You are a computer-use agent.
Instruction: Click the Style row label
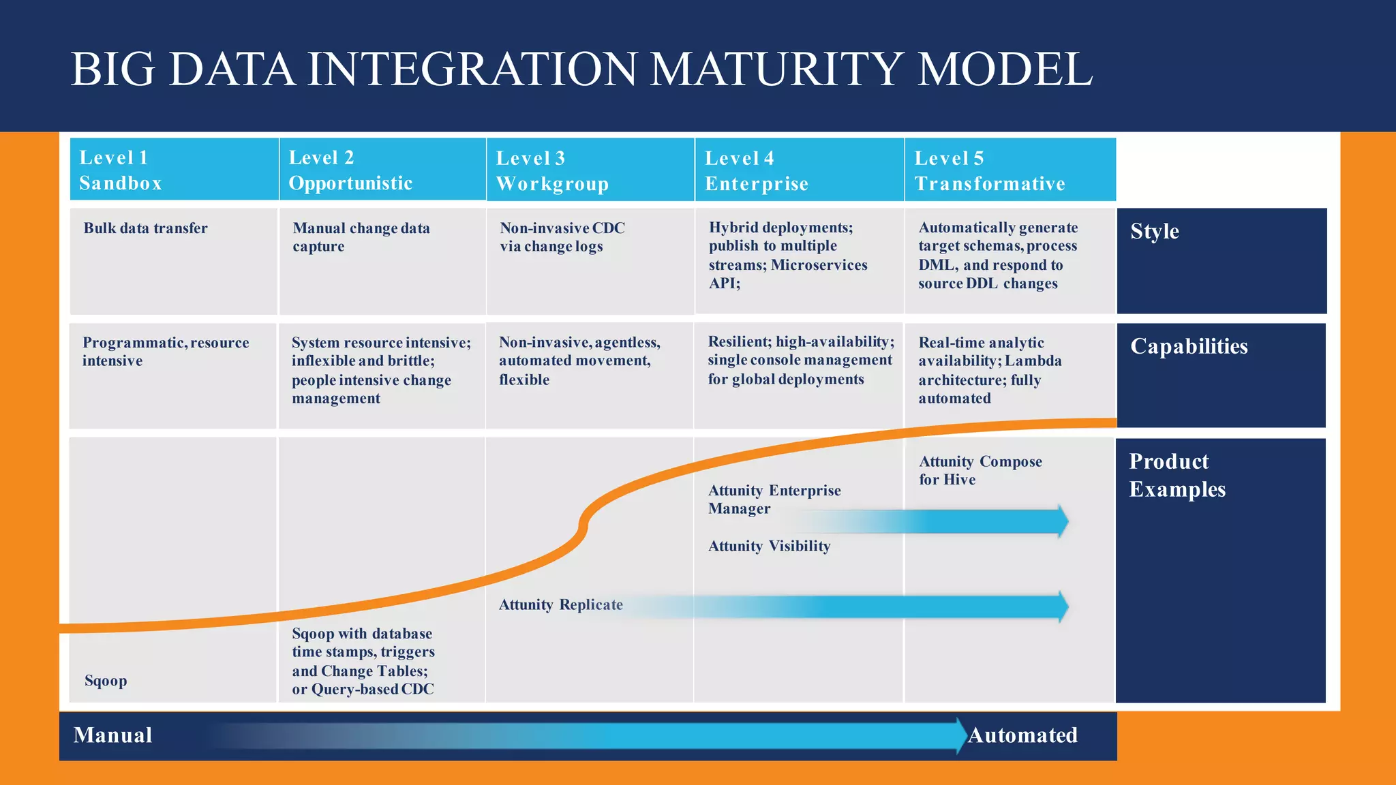pyautogui.click(x=1154, y=232)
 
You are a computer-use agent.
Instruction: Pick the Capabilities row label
pyautogui.click(x=1189, y=346)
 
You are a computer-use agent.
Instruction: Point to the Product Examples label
pyautogui.click(x=1177, y=475)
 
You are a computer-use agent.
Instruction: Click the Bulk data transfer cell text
pyautogui.click(x=145, y=228)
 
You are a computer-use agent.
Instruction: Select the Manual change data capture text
pyautogui.click(x=361, y=237)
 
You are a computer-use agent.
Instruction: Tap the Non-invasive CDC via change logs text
pyautogui.click(x=562, y=237)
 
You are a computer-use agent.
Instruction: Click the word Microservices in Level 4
pyautogui.click(x=819, y=265)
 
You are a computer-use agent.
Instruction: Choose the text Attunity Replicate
pyautogui.click(x=560, y=605)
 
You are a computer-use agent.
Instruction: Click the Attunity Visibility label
pyautogui.click(x=769, y=547)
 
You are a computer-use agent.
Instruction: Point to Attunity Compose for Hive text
pyautogui.click(x=980, y=470)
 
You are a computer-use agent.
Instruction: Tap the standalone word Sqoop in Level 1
pyautogui.click(x=106, y=681)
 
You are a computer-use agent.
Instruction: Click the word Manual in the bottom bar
pyautogui.click(x=113, y=735)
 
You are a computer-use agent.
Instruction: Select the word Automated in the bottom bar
pyautogui.click(x=1022, y=735)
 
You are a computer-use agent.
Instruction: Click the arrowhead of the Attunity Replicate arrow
pyautogui.click(x=1062, y=606)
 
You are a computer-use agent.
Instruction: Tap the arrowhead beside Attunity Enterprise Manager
pyautogui.click(x=1062, y=522)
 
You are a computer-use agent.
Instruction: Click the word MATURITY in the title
pyautogui.click(x=774, y=70)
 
